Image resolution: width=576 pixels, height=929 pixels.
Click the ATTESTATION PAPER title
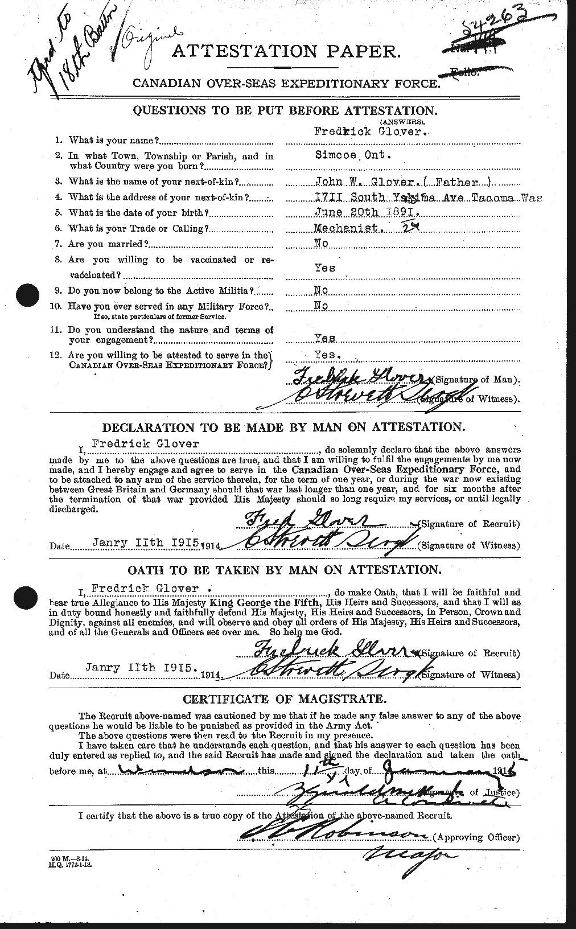[x=286, y=52]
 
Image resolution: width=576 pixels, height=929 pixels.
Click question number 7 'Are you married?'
[x=108, y=244]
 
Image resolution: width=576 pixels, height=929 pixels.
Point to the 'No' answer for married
[x=322, y=243]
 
